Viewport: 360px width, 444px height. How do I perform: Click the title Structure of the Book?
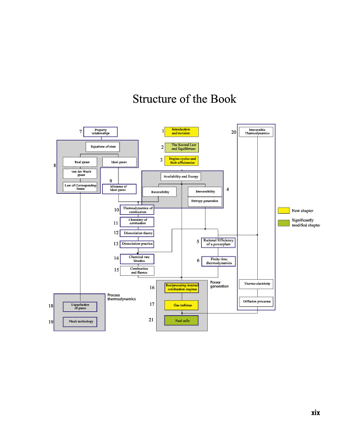click(184, 99)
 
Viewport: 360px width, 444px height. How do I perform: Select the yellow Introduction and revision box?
click(181, 132)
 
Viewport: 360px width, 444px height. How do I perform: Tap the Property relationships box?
click(101, 132)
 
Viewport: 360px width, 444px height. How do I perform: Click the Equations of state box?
click(103, 147)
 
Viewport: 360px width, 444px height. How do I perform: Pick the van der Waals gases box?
click(80, 173)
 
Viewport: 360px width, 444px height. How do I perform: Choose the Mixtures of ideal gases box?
click(119, 189)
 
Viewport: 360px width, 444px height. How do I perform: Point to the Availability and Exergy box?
click(181, 176)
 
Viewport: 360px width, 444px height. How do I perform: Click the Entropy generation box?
click(204, 201)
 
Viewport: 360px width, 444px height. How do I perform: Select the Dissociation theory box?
click(137, 233)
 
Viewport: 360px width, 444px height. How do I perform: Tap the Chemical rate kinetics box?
click(137, 259)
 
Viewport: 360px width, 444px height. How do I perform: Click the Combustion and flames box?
click(137, 270)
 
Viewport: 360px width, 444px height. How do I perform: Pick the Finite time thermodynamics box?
click(218, 261)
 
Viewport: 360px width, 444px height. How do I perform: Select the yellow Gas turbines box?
click(181, 305)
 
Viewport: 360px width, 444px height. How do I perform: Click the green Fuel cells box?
click(181, 320)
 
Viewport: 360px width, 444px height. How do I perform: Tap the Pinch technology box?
click(80, 321)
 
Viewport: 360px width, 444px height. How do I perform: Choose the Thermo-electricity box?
click(256, 284)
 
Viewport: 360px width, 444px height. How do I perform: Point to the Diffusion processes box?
click(256, 302)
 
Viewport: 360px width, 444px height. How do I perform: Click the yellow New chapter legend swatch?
click(283, 211)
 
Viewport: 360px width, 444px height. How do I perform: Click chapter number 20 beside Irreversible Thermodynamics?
click(234, 132)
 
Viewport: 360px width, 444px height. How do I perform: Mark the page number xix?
click(316, 412)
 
